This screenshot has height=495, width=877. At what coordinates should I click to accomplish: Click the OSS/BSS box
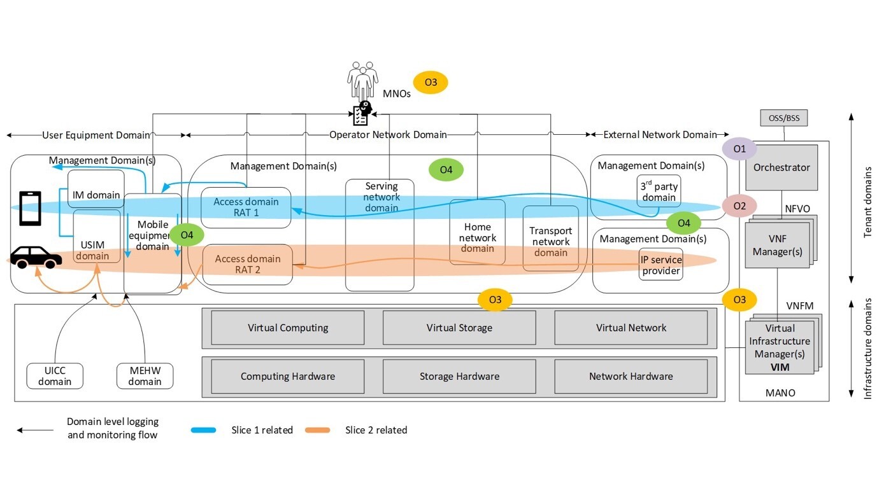(x=784, y=118)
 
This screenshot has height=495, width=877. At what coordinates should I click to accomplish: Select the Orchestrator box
(x=781, y=167)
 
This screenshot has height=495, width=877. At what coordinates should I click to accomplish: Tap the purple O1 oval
(x=739, y=149)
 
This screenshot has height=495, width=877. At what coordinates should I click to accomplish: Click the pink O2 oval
(x=739, y=206)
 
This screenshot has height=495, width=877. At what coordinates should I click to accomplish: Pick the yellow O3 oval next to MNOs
(x=431, y=82)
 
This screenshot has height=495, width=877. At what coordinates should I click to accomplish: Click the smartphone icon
(x=30, y=208)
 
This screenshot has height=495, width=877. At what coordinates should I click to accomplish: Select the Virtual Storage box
(x=459, y=328)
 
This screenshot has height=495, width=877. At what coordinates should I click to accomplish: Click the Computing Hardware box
(x=287, y=376)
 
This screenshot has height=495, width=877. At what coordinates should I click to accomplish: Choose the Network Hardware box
(x=631, y=376)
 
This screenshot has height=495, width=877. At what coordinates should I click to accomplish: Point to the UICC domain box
(x=55, y=376)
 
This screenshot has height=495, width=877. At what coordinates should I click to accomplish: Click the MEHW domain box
(x=145, y=376)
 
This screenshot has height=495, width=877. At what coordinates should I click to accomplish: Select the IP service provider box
(x=661, y=265)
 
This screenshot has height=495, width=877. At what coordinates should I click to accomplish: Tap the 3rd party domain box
(x=659, y=191)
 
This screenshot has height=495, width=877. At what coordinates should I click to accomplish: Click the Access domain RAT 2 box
(x=247, y=264)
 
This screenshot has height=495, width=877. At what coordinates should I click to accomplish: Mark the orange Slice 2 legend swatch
(x=317, y=430)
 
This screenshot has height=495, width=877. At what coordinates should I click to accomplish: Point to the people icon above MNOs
(x=362, y=81)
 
